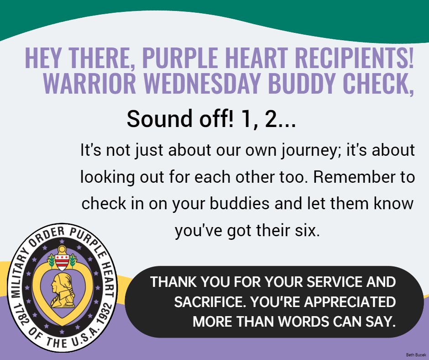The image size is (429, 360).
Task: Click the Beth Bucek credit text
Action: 415,355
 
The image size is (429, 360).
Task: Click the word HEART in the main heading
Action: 259,58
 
